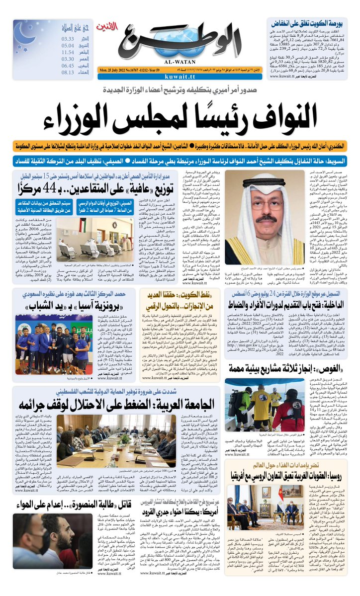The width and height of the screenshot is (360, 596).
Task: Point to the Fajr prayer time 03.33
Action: [x=68, y=38]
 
